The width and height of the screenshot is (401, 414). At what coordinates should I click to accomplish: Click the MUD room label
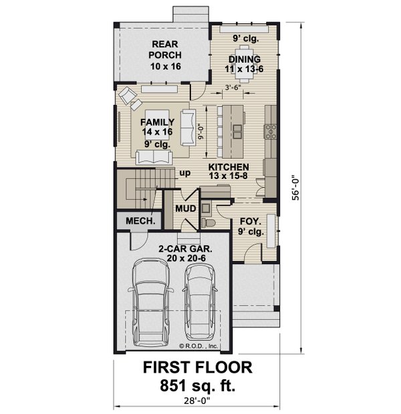tap(185, 208)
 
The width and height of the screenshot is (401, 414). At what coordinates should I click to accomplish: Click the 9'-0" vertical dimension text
tap(208, 126)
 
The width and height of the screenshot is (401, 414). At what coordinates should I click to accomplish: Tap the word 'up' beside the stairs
tap(184, 173)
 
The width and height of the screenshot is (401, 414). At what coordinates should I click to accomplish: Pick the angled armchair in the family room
tap(127, 97)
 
